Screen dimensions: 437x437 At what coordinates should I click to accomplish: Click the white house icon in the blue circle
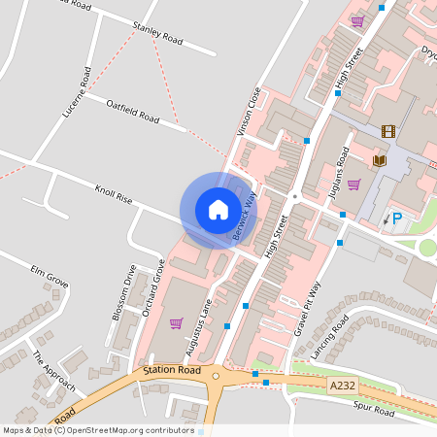[x=218, y=210]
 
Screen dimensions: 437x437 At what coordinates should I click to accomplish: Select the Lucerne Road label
[x=76, y=92]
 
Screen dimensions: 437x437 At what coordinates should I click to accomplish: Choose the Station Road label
[x=171, y=371]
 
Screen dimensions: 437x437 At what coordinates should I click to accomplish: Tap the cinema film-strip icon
[x=388, y=131]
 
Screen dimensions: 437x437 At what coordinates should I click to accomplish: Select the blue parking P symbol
[x=396, y=219]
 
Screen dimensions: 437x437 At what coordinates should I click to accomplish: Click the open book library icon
[x=380, y=159]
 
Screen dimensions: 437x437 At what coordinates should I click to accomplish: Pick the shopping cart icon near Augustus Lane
[x=176, y=323]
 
